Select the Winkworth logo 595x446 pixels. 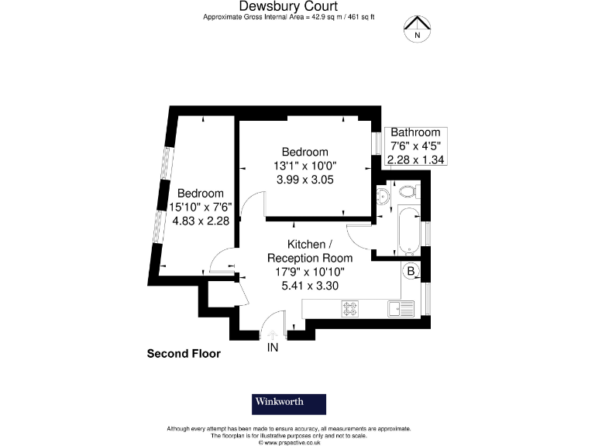[288, 403]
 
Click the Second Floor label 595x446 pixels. [184, 354]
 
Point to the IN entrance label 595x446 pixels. [273, 348]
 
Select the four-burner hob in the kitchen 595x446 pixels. [352, 308]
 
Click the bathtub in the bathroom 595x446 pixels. [408, 230]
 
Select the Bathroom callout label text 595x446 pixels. [415, 132]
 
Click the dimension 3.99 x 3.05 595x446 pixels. [304, 180]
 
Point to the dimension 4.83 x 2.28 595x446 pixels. [200, 221]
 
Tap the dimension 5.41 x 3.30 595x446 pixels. [309, 285]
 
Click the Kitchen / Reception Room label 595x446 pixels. [309, 251]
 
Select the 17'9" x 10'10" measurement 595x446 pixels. [309, 272]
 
